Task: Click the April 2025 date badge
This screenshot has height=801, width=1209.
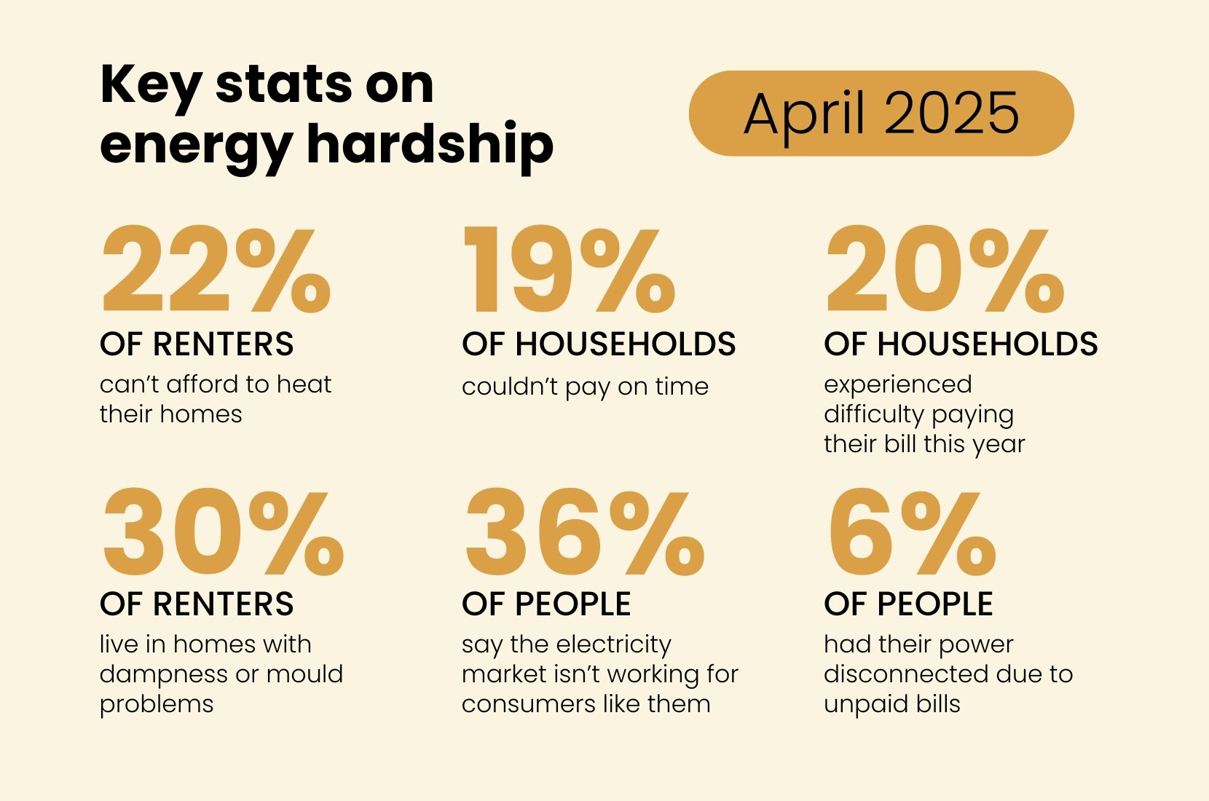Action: tap(881, 114)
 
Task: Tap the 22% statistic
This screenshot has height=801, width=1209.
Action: tap(216, 270)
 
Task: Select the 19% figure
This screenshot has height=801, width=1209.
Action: tap(569, 270)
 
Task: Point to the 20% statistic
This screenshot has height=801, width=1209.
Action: tap(945, 270)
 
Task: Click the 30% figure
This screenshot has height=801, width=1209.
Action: tap(223, 533)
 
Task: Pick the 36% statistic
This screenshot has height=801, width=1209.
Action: tap(584, 533)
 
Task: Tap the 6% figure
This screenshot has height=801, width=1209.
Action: tap(911, 533)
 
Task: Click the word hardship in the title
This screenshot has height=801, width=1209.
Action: tap(430, 145)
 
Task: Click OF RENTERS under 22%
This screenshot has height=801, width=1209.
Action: tap(197, 344)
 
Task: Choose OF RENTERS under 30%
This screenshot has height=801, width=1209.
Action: tap(197, 604)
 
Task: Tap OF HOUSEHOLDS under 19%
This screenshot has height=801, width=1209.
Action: tap(599, 344)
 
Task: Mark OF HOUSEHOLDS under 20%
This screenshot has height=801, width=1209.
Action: tap(961, 344)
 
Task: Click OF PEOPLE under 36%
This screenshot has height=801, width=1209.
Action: tap(546, 604)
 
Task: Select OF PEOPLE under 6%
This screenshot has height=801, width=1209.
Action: tap(908, 604)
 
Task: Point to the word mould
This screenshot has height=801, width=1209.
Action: tap(304, 674)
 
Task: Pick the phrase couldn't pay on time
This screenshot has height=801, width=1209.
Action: tap(585, 387)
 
